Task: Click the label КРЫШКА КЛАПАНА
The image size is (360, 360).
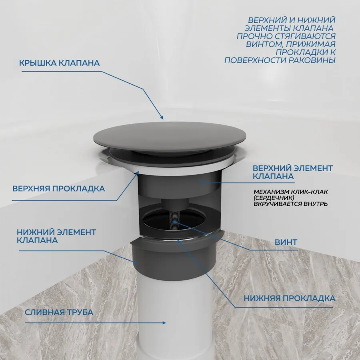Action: point(59,63)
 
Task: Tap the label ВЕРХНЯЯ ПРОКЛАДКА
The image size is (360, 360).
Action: point(58,189)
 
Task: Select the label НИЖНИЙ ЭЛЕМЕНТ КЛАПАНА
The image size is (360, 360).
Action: point(56,236)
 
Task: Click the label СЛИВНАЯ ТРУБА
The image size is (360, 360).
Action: point(59,312)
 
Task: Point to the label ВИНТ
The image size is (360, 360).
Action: point(286,242)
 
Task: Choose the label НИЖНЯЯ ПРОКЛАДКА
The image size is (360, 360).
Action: point(290,298)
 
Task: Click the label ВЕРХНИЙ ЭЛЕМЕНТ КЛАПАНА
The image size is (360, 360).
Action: point(293,172)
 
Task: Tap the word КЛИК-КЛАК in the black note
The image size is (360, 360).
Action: point(309,192)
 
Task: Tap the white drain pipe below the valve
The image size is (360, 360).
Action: point(174,317)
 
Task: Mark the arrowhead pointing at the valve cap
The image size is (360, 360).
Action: point(162,117)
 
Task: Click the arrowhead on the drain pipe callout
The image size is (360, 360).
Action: point(164,322)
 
